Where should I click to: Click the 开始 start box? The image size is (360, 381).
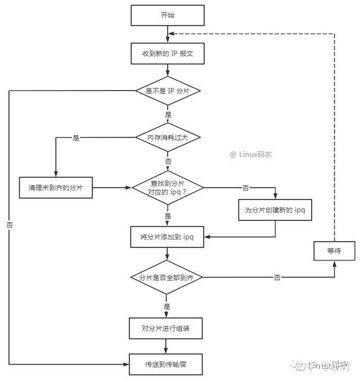coord(167,15)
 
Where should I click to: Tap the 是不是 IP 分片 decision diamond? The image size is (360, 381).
coord(167,91)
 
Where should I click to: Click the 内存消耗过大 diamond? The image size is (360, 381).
coord(167,137)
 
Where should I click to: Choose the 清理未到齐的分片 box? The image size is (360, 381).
coord(55,187)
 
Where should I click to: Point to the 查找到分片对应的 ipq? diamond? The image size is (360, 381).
coord(167,187)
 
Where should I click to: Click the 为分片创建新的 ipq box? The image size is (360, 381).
coord(275,210)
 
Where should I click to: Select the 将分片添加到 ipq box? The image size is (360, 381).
coord(167,237)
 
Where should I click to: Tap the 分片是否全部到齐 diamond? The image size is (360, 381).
coord(167,277)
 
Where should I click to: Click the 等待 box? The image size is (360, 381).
coord(334,250)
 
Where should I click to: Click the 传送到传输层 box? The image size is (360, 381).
coord(167,364)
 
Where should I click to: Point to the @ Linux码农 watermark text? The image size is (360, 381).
coord(250,154)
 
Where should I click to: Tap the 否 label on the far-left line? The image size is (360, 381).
coord(10,224)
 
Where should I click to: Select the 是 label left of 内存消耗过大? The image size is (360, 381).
coord(76,137)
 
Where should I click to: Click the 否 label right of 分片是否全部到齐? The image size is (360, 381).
coord(277,277)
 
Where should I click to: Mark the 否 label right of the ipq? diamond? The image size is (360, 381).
coord(245,187)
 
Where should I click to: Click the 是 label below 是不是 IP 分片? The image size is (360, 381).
coord(168,114)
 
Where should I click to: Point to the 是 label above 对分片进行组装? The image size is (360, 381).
coord(167,307)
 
